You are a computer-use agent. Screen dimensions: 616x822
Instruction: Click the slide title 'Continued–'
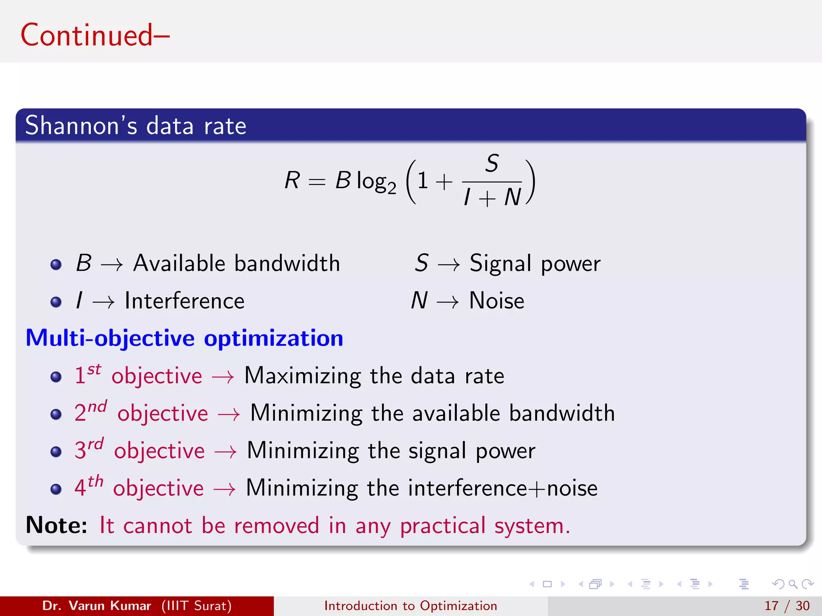(95, 35)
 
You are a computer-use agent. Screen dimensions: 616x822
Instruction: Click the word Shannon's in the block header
(81, 126)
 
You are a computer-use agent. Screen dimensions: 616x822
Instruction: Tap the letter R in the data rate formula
(292, 180)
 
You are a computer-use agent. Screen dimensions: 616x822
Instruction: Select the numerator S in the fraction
(492, 164)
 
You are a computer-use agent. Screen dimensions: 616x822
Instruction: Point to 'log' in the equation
(371, 181)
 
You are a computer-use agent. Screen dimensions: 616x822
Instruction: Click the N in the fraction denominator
(512, 197)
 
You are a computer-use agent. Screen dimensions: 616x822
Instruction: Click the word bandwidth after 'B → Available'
(287, 263)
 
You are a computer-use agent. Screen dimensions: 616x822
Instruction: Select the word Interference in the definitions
(184, 301)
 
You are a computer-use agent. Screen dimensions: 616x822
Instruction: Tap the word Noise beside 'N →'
(496, 301)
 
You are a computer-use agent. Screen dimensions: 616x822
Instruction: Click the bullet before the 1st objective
(56, 377)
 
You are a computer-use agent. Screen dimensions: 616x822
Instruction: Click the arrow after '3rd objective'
(225, 452)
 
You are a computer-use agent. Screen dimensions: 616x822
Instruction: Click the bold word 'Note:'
(56, 525)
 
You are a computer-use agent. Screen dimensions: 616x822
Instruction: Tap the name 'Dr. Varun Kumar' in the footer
(96, 606)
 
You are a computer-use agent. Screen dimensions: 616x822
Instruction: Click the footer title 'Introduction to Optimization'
(411, 606)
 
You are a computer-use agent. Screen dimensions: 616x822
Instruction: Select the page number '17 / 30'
(787, 606)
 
